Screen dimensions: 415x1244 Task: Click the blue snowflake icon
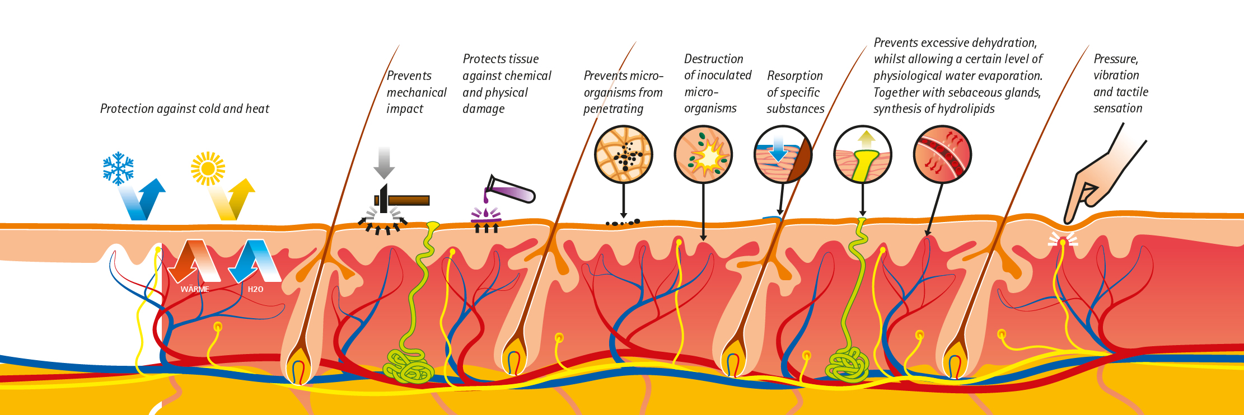click(118, 168)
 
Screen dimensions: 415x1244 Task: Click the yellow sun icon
click(208, 168)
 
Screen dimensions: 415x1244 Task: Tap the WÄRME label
click(195, 289)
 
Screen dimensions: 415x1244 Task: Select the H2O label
click(255, 289)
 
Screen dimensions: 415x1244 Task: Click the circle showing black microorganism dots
click(623, 154)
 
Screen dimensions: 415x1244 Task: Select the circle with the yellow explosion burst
click(703, 154)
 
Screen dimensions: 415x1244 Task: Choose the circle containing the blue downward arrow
click(783, 154)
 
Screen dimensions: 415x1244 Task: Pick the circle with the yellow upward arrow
click(863, 154)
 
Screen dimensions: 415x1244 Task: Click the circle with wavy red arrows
click(942, 154)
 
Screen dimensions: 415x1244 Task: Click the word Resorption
click(794, 76)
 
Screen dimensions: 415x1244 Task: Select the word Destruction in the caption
click(713, 59)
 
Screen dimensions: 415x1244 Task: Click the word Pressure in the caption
click(1115, 59)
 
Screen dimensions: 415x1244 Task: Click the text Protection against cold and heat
click(184, 109)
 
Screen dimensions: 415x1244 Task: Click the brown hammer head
click(409, 200)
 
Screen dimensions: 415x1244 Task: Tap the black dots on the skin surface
click(623, 223)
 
